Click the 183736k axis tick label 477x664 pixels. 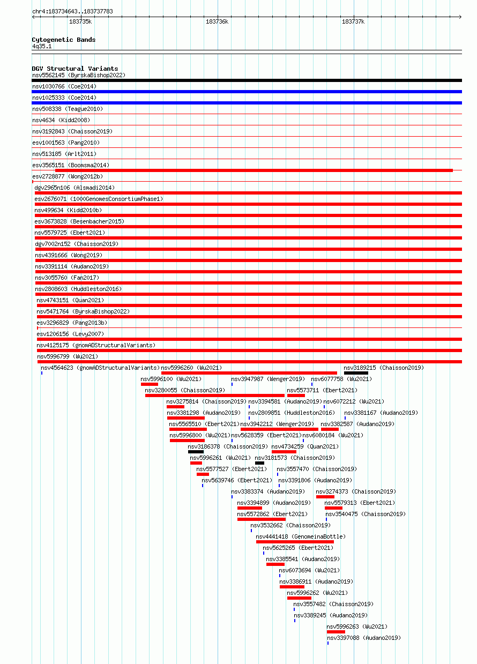(217, 21)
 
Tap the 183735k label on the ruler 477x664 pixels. (80, 21)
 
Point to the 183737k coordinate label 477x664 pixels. (353, 21)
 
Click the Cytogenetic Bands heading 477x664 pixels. (64, 40)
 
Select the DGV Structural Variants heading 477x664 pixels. (75, 69)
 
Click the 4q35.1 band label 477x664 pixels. (42, 46)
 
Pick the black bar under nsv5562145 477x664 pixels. (247, 80)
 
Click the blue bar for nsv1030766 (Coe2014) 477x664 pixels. (247, 92)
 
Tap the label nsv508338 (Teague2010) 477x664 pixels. (68, 109)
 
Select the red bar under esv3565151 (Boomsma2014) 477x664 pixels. (254, 170)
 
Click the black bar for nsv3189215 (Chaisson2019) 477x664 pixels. (356, 373)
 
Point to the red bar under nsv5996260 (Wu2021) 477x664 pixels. (249, 373)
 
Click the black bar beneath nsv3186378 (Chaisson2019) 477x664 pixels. (196, 452)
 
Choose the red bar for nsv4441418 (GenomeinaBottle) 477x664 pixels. (295, 542)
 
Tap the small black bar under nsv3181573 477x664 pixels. (259, 463)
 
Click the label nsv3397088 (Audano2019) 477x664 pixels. (364, 638)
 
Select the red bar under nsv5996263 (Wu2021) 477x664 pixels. (336, 632)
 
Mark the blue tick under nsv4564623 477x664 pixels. (42, 373)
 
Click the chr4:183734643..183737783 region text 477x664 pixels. (73, 11)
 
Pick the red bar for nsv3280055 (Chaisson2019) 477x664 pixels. (215, 396)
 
